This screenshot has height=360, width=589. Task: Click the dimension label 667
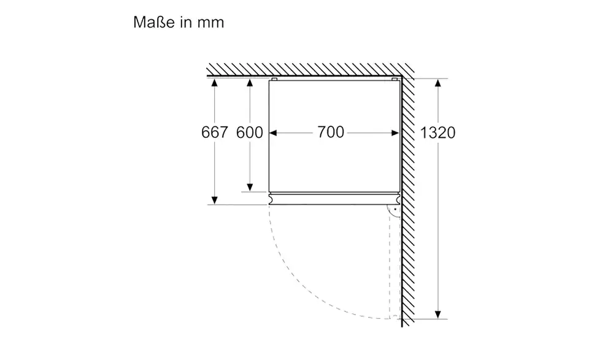(215, 132)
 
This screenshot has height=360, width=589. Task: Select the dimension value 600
(250, 132)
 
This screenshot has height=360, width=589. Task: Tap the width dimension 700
(331, 132)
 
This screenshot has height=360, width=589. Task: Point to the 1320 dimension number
(437, 132)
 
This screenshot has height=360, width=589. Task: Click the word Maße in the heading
(154, 22)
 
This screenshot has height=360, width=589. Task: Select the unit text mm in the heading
(210, 23)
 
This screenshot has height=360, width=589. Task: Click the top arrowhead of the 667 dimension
(215, 83)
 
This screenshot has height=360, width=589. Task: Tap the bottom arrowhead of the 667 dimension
(215, 200)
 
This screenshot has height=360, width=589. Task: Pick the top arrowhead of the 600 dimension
(250, 83)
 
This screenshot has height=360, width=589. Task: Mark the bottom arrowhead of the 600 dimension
(250, 187)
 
